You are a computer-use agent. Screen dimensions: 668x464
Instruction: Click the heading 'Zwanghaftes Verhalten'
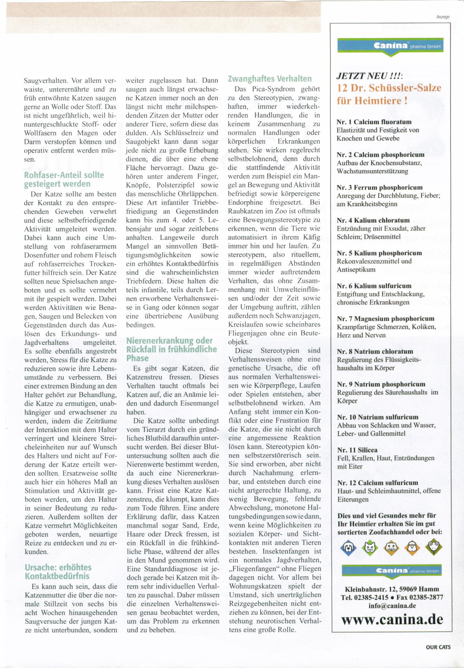[269, 79]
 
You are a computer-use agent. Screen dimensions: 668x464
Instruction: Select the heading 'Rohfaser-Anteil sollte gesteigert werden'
[64, 179]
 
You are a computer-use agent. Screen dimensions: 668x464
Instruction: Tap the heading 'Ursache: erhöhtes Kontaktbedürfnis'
[58, 571]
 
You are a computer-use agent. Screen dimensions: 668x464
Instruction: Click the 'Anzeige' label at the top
[443, 17]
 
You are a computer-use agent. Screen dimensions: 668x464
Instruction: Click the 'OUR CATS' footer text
[438, 647]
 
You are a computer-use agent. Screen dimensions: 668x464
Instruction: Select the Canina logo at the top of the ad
[390, 46]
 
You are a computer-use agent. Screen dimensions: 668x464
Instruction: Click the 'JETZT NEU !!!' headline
[367, 76]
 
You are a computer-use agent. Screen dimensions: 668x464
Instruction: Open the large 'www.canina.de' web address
[392, 619]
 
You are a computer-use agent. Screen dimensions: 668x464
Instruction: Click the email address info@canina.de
[392, 606]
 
